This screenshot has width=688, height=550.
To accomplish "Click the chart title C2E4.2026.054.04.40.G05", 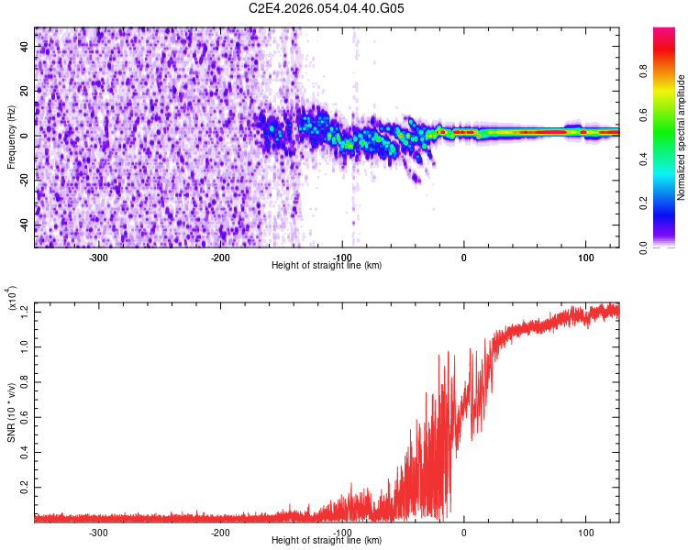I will pos(326,8).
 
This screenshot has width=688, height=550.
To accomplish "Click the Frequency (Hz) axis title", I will pos(11,137).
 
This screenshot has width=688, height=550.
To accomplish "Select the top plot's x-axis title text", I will pos(327,266).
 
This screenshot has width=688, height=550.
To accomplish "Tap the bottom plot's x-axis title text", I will pos(327,541).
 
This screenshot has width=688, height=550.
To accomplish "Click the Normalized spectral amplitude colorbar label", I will pos(682,137).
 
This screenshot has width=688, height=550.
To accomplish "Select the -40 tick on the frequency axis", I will pos(24,225).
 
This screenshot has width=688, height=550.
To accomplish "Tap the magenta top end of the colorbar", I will pos(663,32).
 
